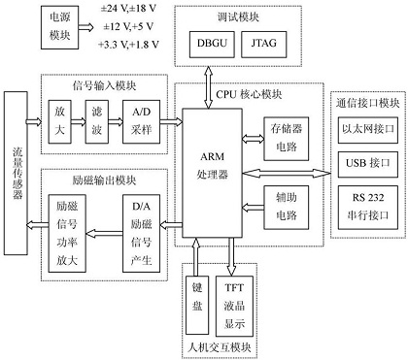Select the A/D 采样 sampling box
(x=141, y=121)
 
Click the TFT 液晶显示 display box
(x=235, y=303)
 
